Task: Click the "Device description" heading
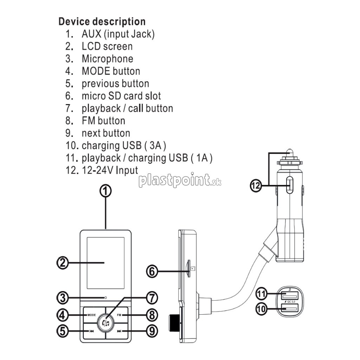[102, 21]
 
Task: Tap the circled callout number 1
[105, 191]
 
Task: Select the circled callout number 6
[152, 272]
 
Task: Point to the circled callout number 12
[256, 186]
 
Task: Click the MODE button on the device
[92, 315]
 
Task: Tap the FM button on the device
[119, 315]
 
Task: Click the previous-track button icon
[92, 331]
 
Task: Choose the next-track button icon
[119, 331]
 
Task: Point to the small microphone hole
[105, 297]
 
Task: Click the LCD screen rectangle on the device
[105, 263]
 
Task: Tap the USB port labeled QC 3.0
[289, 307]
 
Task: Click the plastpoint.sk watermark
[180, 180]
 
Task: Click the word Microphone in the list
[108, 59]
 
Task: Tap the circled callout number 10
[261, 309]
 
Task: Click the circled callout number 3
[63, 298]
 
